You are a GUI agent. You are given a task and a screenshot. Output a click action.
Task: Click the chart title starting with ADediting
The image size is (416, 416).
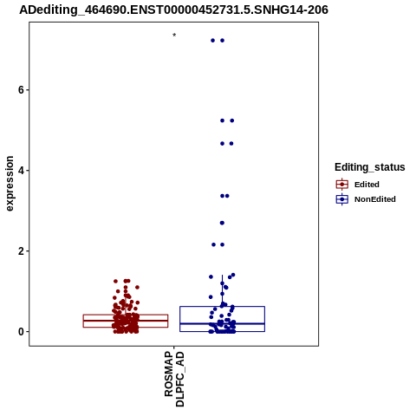click(x=173, y=10)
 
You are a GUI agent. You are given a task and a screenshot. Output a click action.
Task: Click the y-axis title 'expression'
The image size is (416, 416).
click(x=10, y=184)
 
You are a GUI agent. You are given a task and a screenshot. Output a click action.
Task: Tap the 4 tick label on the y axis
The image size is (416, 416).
click(x=21, y=171)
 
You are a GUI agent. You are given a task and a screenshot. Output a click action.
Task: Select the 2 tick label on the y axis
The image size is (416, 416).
click(x=21, y=251)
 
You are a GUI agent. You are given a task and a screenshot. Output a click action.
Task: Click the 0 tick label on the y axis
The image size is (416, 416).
click(x=21, y=332)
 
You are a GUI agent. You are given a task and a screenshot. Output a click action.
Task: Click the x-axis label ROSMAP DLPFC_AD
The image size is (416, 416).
click(x=174, y=379)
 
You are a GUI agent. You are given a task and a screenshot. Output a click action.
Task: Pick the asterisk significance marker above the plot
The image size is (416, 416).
click(x=174, y=36)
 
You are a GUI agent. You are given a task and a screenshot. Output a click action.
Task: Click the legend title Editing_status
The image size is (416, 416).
click(x=370, y=167)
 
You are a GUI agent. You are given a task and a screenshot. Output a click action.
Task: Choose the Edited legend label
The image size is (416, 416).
click(x=367, y=185)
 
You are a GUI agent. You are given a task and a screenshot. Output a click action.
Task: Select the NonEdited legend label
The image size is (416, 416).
click(x=375, y=199)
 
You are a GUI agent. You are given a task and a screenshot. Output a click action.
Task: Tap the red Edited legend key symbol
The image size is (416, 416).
click(x=342, y=185)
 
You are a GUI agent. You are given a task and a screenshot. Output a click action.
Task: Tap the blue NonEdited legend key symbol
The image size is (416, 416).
click(x=342, y=199)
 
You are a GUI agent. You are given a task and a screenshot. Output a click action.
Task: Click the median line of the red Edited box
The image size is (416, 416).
click(x=126, y=320)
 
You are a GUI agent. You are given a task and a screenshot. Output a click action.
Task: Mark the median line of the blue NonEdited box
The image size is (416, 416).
click(x=222, y=323)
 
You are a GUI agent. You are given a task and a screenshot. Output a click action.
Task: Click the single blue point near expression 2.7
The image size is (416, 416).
click(x=222, y=223)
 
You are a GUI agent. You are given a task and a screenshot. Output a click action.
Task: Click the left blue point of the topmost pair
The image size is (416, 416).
click(x=212, y=41)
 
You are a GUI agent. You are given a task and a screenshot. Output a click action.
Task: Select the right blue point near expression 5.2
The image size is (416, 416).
click(x=231, y=120)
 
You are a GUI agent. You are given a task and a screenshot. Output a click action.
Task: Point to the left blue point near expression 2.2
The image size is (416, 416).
click(x=213, y=244)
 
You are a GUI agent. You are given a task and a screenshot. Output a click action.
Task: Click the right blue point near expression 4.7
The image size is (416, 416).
click(x=231, y=144)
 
